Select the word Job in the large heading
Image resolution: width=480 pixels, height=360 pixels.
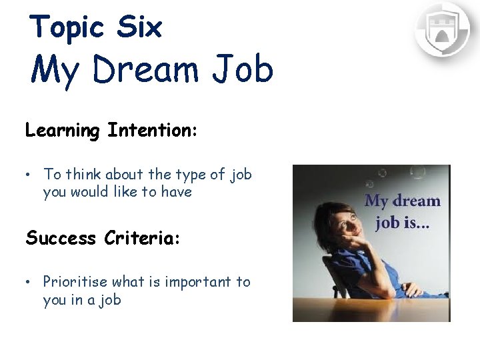(245, 69)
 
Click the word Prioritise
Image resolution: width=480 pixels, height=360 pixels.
(76, 282)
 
